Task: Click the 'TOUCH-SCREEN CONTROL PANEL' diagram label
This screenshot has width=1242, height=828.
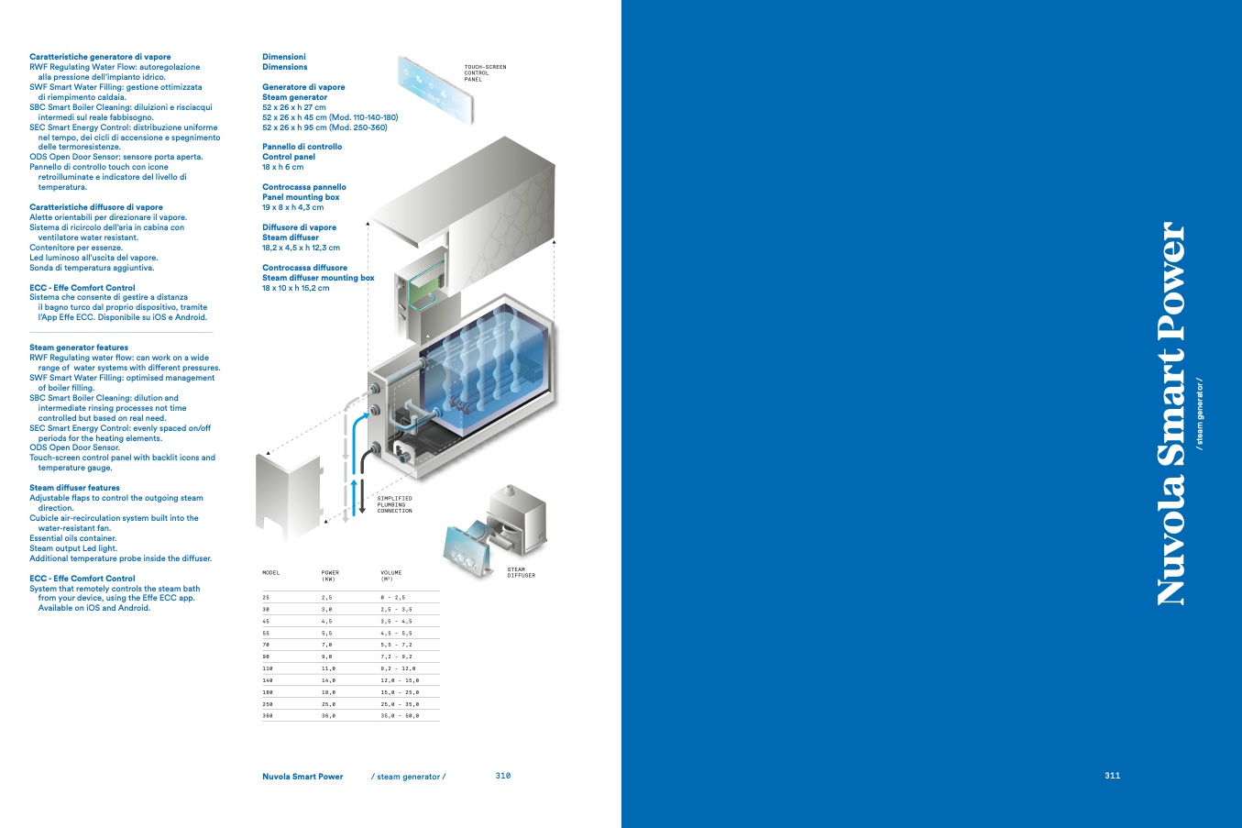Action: (x=484, y=73)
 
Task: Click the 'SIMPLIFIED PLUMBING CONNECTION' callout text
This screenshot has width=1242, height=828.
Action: (x=395, y=504)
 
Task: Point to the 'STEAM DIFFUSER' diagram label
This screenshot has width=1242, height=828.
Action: (x=521, y=572)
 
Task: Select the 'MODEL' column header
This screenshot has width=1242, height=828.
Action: (x=271, y=573)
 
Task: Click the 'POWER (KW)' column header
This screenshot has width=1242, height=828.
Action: (x=330, y=576)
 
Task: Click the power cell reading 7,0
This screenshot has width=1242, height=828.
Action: (x=326, y=645)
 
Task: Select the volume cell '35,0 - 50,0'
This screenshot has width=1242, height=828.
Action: (x=400, y=715)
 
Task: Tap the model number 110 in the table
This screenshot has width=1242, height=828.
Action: (x=268, y=668)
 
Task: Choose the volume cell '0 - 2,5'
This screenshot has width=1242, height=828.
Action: (x=392, y=597)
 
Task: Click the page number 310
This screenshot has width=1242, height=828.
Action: (x=502, y=776)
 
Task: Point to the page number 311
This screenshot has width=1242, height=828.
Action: (x=1112, y=776)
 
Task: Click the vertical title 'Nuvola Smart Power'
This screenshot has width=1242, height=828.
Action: (x=1171, y=413)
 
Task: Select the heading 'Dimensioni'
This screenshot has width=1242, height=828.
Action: (x=284, y=57)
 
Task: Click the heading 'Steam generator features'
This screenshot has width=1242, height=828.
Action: (x=79, y=348)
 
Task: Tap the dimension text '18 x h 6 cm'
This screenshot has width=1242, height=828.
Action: (x=282, y=167)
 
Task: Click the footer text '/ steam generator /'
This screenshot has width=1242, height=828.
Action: (x=408, y=777)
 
